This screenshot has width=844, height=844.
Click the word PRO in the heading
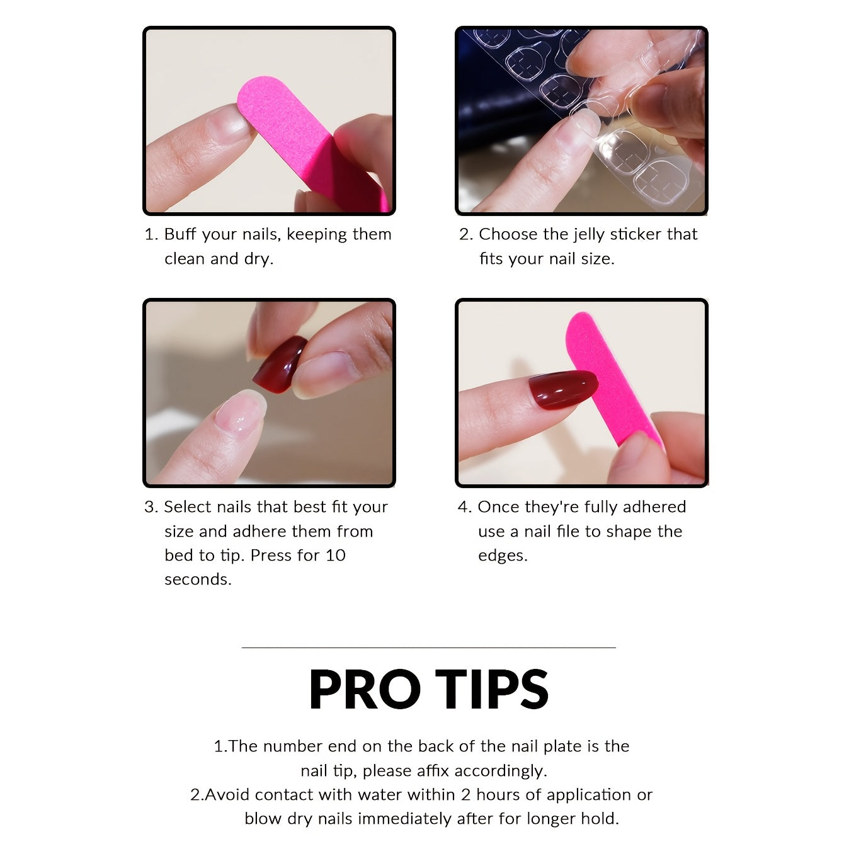pos(364,689)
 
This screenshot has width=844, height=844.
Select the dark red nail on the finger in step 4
pos(561,389)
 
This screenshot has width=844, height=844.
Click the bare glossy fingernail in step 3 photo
pos(240,413)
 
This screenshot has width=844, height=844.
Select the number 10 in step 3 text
pos(335,556)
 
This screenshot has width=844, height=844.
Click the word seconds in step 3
pos(198,579)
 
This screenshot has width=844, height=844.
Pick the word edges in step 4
pos(502,556)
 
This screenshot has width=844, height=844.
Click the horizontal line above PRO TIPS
pos(428,647)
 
